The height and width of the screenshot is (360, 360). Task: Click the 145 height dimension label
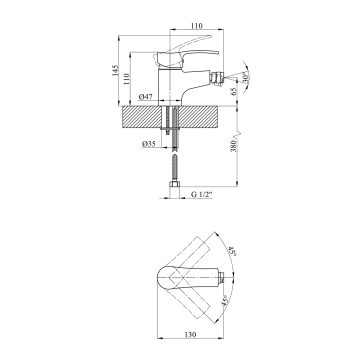115,70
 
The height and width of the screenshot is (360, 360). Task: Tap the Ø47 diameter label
145,97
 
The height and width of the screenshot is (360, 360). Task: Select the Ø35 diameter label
149,143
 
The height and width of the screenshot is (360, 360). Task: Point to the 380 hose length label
233,146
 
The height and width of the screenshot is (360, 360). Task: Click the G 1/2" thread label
201,194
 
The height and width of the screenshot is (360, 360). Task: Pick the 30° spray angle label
245,77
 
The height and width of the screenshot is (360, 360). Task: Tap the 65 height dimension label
233,91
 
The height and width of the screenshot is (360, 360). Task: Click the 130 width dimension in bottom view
190,334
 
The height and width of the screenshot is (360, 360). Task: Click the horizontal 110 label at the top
197,25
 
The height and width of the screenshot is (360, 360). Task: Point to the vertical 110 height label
126,79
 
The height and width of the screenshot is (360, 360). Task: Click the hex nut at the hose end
174,184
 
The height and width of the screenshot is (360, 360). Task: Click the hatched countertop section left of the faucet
140,117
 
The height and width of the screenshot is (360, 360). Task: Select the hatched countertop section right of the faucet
198,117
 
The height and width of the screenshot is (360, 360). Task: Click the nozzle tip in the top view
221,277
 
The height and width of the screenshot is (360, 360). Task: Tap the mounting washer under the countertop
169,129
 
